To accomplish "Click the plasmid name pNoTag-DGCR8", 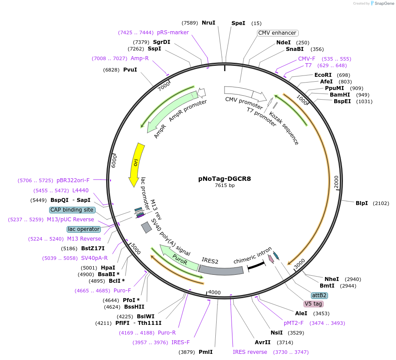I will (x=225, y=179).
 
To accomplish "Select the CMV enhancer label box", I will (x=277, y=33).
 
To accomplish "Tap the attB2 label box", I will (x=319, y=295).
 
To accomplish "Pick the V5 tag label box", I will (x=313, y=304).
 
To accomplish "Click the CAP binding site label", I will (x=72, y=210).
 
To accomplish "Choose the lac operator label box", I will (x=84, y=229).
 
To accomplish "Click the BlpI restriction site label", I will (x=362, y=203).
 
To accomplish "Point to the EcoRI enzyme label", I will (x=323, y=75).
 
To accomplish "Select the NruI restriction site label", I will (x=208, y=23).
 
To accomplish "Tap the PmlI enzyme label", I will (x=206, y=352).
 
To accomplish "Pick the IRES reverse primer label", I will (x=250, y=352).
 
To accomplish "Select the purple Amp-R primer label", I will (x=139, y=58).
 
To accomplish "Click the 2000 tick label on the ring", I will (x=336, y=182).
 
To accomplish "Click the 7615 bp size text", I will (x=225, y=186).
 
